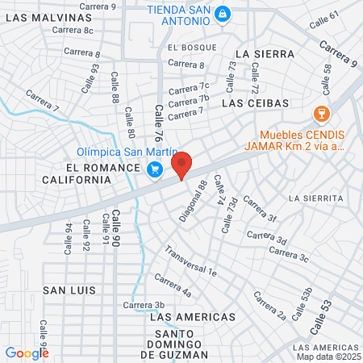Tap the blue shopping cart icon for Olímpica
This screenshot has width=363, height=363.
click(154, 169)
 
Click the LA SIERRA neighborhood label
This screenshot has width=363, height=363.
click(261, 53)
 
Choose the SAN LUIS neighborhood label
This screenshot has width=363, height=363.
click(69, 290)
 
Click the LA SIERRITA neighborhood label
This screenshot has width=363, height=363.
click(317, 198)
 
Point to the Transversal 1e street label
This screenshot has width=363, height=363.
click(192, 262)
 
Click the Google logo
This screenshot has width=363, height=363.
click(27, 353)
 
